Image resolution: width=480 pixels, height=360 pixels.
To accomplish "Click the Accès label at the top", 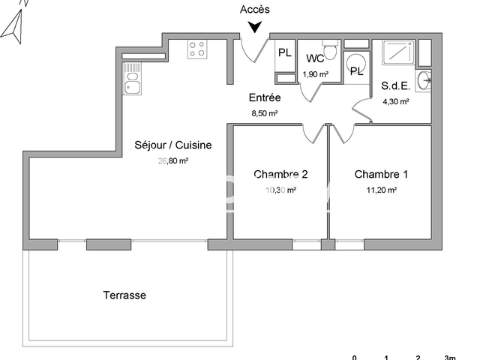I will coord(255,10).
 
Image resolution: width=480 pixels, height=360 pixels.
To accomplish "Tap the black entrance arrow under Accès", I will coord(256,27).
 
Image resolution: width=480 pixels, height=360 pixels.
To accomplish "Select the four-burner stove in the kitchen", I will coord(197,49).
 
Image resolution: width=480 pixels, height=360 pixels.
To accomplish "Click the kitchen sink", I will coord(133,81).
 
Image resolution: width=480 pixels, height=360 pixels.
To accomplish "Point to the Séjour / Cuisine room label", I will coord(173,145).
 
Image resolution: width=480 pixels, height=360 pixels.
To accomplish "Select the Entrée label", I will coord(265,97).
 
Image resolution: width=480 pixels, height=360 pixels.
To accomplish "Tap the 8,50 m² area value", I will coord(265,113).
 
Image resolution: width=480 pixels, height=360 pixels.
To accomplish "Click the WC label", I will coord(315,58).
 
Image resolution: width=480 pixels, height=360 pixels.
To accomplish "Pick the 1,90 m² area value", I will coord(315,73).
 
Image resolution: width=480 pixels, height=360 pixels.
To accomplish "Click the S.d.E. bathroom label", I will coord(394,86).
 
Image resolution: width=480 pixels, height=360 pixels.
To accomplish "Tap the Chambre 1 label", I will coord(381,175).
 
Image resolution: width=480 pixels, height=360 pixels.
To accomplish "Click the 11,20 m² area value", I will coord(381,190).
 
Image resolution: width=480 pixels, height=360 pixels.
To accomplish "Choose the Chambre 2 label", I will coord(280,175).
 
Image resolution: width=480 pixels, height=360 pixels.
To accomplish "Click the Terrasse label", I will coord(124,295).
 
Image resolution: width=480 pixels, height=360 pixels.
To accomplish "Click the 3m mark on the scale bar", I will coord(450,357).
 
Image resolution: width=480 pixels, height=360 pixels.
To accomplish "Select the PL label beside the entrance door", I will coord(285,52).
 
